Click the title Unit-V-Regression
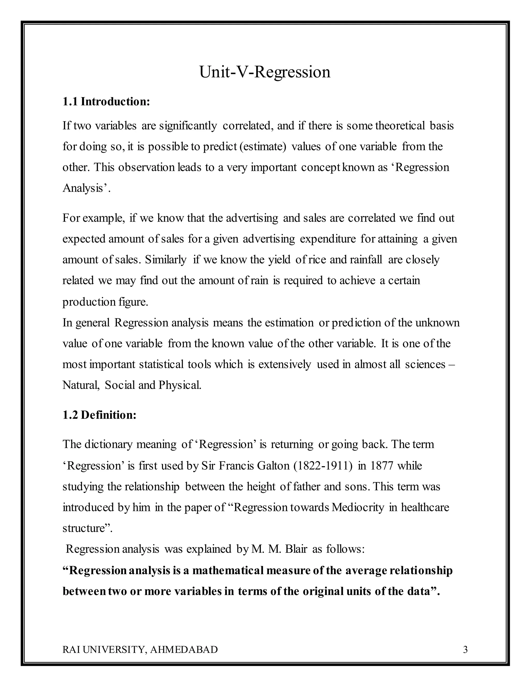(265, 72)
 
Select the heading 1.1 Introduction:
(106, 102)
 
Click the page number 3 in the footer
(465, 649)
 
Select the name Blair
(296, 549)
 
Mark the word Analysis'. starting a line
(86, 188)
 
